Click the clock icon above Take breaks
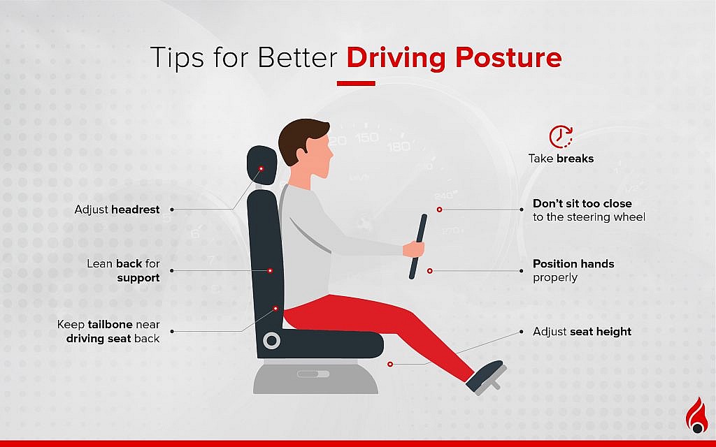click(x=561, y=137)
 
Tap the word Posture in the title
click(x=509, y=58)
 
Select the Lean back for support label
click(x=123, y=271)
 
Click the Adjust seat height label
click(x=582, y=332)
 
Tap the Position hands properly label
click(x=573, y=270)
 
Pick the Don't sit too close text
click(x=582, y=204)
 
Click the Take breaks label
click(x=561, y=159)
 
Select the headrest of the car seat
click(x=261, y=165)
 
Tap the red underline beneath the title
click(x=356, y=83)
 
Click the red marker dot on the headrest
click(x=261, y=168)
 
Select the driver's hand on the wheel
click(x=415, y=249)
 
